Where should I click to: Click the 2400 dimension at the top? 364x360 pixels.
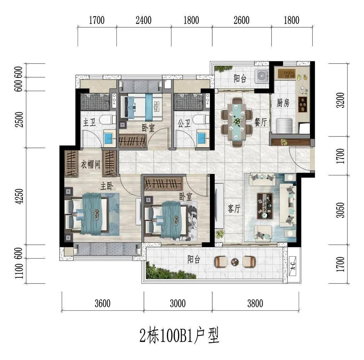[x=144, y=20]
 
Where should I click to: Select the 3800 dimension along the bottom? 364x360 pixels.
[x=255, y=303]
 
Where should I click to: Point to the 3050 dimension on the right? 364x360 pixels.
[x=340, y=210]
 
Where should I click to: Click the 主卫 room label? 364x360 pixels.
[x=89, y=122]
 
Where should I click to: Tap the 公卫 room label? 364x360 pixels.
[x=184, y=123]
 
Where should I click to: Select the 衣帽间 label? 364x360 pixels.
[x=90, y=164]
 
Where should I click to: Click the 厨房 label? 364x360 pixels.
[x=283, y=102]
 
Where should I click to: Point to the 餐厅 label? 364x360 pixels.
[x=261, y=122]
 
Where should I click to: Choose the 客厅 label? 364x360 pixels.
[x=234, y=208]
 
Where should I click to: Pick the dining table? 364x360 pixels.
[x=237, y=122]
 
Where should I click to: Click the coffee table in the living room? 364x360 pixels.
[x=265, y=206]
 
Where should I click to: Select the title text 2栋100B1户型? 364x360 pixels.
[x=179, y=335]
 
